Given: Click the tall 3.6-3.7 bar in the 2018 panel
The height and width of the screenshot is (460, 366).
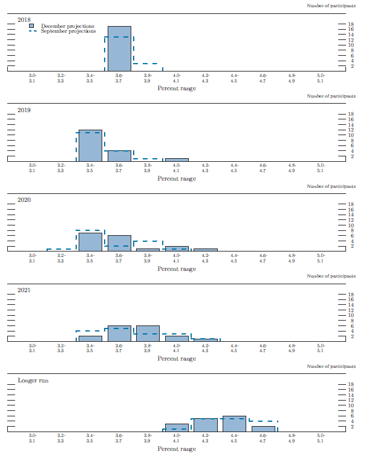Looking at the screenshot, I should (119, 48).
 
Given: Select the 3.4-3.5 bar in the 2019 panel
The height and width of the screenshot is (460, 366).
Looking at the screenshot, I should (90, 146).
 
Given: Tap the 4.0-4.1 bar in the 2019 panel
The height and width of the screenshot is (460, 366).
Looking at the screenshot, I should (177, 160).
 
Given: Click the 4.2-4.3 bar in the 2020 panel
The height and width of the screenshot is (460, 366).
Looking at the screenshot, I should (206, 250).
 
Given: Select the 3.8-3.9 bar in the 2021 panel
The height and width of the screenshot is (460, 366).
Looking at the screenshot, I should (148, 333).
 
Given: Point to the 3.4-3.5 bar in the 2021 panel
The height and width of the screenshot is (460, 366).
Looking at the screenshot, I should (90, 338).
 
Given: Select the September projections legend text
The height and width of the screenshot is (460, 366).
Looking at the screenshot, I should (68, 32).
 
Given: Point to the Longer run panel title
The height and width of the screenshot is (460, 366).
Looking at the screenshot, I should (33, 381).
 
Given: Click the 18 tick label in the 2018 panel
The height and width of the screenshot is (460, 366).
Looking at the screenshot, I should (350, 24).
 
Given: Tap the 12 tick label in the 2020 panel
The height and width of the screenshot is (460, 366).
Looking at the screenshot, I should (350, 220).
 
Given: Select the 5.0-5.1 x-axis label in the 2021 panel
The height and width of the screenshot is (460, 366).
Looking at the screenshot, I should (321, 348).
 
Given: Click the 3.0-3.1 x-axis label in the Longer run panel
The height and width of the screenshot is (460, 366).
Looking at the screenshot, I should (33, 438).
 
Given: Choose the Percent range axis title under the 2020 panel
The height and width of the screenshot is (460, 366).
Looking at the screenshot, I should (177, 268).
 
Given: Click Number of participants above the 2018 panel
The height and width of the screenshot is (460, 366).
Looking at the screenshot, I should (331, 5).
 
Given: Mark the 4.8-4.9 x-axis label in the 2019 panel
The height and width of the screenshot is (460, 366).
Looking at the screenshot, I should (292, 168).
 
